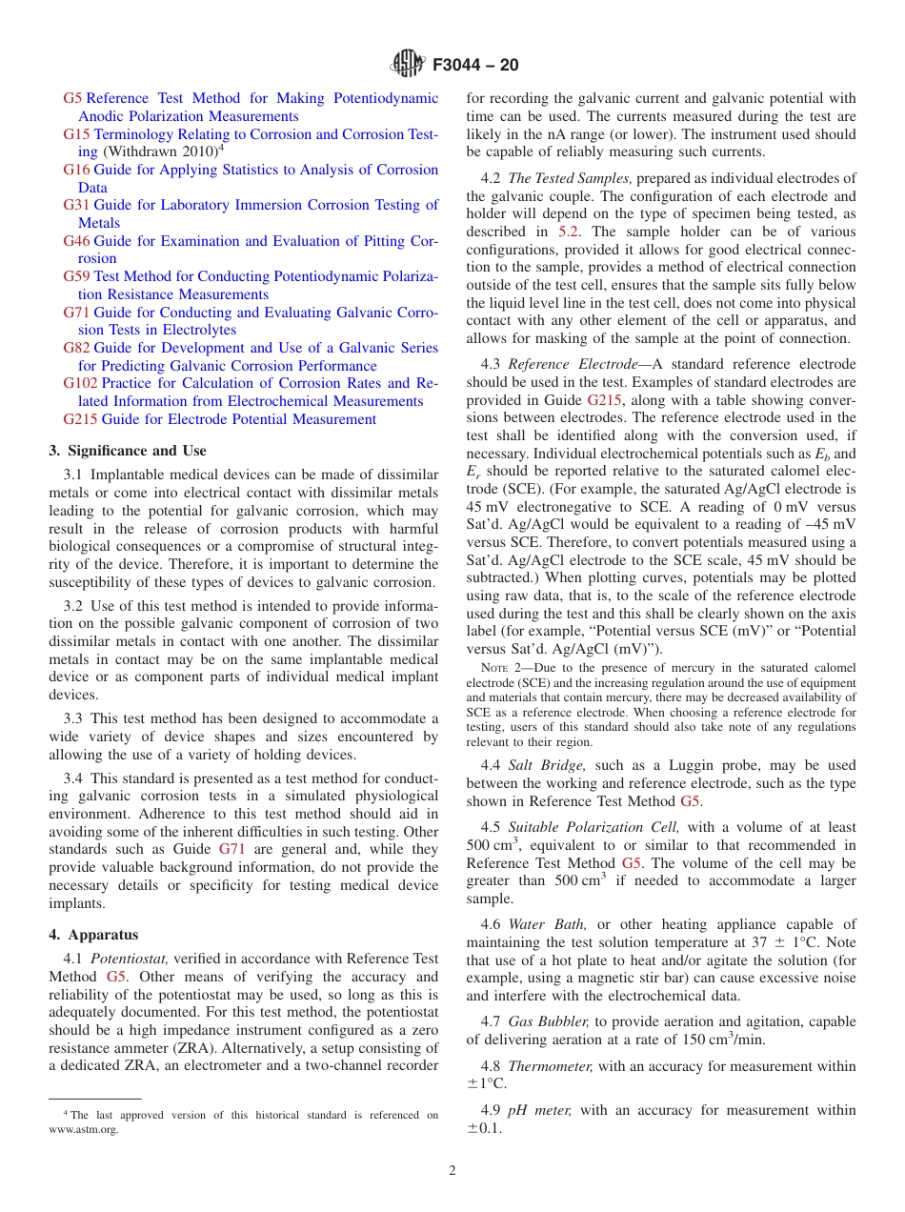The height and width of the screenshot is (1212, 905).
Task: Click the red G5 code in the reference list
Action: click(72, 98)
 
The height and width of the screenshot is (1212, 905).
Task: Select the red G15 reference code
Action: click(76, 134)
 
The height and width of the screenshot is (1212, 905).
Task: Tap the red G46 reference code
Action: click(76, 241)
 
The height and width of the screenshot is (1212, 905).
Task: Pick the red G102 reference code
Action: click(80, 383)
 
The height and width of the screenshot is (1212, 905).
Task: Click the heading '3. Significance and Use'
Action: click(127, 451)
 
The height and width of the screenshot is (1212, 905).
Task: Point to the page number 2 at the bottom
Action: click(452, 1170)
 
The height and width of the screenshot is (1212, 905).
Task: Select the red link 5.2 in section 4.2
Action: click(567, 232)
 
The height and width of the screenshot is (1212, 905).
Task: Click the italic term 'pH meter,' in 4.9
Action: click(540, 1110)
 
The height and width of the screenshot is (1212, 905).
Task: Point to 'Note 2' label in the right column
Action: click(501, 668)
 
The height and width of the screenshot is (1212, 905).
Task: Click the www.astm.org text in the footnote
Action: click(84, 1130)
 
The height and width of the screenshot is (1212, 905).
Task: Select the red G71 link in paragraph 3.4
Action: click(231, 849)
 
